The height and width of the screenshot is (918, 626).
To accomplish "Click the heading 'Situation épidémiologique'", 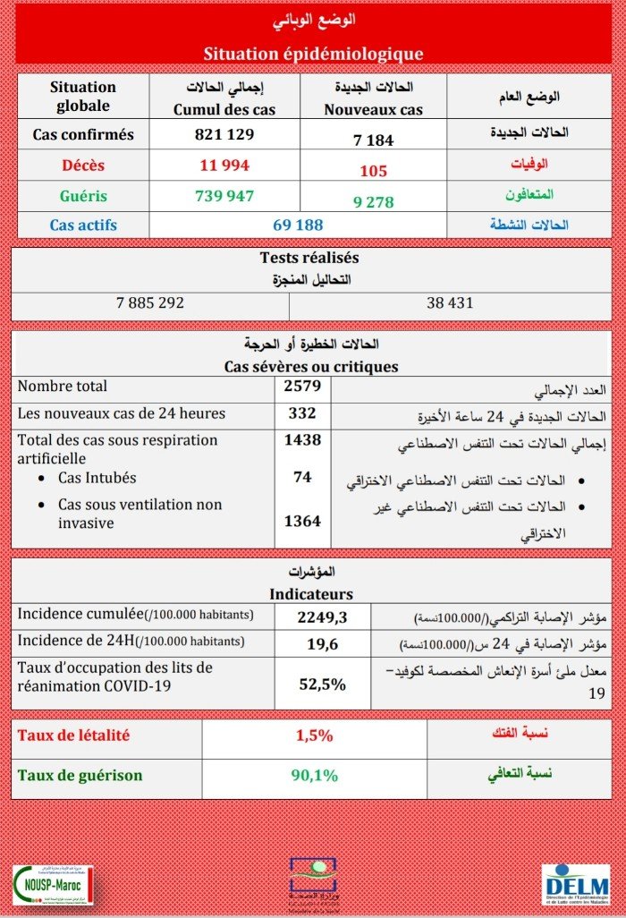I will (313, 54).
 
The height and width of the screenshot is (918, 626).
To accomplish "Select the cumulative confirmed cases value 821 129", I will (224, 135).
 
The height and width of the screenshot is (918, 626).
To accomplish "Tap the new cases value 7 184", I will (373, 140).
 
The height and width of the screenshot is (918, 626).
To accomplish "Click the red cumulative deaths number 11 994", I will (224, 165).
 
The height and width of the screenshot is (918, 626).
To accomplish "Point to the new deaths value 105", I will (373, 171).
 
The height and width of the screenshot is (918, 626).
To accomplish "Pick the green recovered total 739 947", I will (224, 196).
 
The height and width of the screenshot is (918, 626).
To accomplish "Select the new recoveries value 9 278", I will (373, 202).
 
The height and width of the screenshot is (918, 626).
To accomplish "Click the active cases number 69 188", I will (298, 225).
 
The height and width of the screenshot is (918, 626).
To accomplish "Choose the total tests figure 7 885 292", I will (150, 303).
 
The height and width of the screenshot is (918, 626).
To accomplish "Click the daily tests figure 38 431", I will (450, 303).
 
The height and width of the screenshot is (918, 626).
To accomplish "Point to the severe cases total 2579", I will (302, 387).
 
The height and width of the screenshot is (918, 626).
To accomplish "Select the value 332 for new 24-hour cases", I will (302, 413).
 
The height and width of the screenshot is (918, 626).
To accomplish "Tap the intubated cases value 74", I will (302, 478).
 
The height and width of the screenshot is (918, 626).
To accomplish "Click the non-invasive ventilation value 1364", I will (302, 522).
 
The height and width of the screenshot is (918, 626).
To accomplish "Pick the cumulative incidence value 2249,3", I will (321, 616).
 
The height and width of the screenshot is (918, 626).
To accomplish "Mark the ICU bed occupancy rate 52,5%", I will (321, 684).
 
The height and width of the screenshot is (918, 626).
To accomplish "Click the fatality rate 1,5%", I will (315, 736).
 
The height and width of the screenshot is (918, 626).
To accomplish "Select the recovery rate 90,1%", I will (315, 776).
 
